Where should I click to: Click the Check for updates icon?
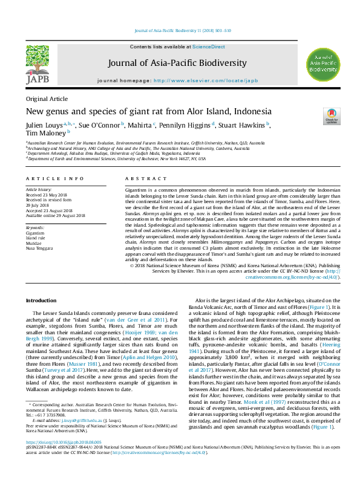pos(332,115)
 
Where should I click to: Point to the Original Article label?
pos(47,99)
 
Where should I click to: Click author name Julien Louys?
pos(43,125)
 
